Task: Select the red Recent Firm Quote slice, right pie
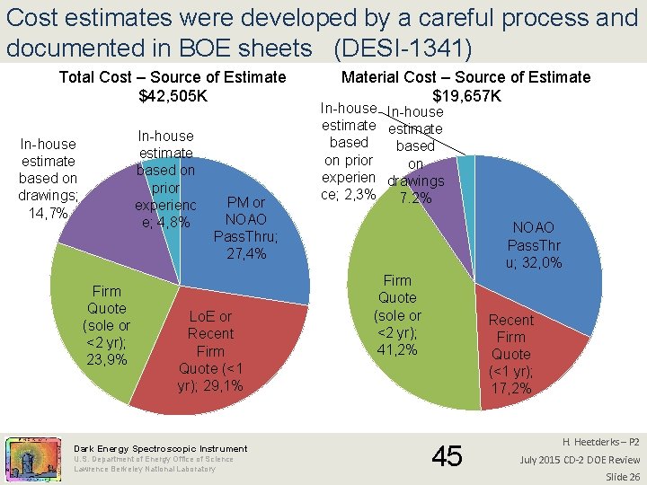(x=521, y=350)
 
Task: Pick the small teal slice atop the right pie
(x=466, y=165)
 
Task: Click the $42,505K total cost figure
(x=173, y=95)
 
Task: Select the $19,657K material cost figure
(x=466, y=95)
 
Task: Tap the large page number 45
(x=448, y=456)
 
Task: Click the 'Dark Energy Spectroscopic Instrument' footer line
(x=161, y=448)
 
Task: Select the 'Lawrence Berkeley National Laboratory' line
(x=145, y=469)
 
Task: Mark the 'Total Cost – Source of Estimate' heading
(x=173, y=77)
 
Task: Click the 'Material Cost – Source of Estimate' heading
(x=466, y=77)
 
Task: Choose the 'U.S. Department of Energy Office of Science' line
(x=153, y=459)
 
